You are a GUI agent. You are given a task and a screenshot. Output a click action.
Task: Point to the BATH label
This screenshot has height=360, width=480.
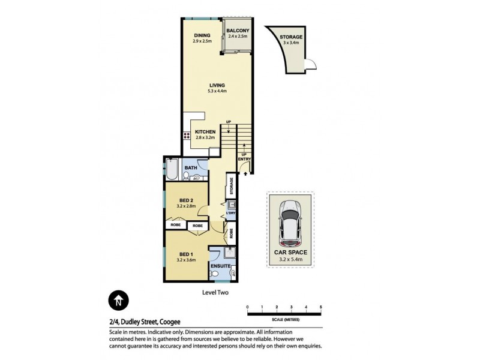[x=191, y=168]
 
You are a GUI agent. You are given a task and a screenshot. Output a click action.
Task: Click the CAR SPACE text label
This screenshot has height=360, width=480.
[x=290, y=253]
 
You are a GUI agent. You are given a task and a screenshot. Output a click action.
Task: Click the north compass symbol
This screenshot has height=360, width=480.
[x=118, y=300]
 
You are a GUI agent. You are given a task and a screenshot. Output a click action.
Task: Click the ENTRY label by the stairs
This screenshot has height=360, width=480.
[x=244, y=158]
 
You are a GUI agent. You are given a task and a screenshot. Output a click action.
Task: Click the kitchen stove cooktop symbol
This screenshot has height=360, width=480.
[x=187, y=136]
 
